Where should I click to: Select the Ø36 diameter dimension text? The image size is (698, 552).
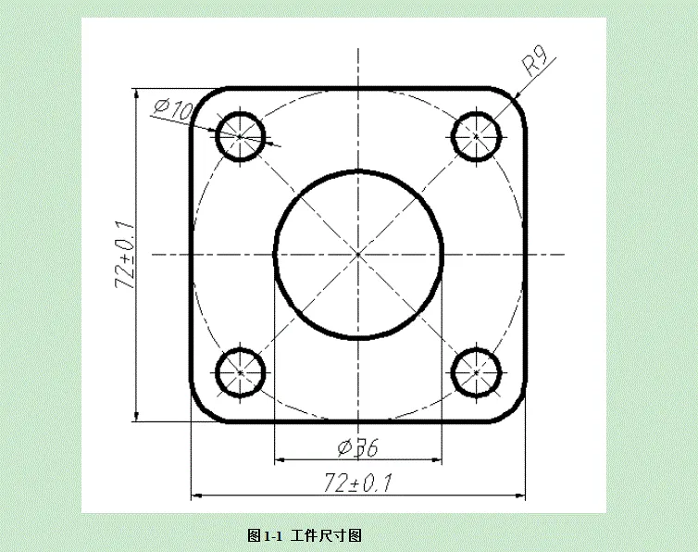[x=358, y=448]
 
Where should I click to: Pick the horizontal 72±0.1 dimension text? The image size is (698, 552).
[x=358, y=483]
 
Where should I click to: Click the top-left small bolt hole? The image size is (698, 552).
[x=241, y=136]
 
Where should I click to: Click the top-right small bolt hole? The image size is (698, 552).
[x=477, y=136]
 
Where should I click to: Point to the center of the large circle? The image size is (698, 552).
[x=358, y=254]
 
